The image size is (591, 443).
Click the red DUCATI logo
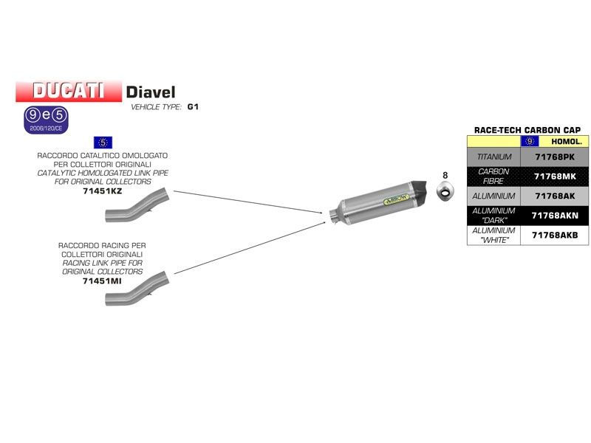point(68,91)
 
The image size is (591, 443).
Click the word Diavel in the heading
point(151,92)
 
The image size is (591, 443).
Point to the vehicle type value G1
point(193,107)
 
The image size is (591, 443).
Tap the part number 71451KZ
point(103,190)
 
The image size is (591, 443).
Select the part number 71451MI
point(103,281)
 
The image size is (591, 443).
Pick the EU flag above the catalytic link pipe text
point(103,142)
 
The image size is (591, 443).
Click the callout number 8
point(445,175)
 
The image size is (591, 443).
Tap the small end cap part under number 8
point(445,193)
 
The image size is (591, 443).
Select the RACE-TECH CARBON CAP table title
point(527,130)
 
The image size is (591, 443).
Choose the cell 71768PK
point(555,157)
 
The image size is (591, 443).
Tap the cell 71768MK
point(555,176)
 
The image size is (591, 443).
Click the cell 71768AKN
point(555,216)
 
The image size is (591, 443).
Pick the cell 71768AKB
point(555,236)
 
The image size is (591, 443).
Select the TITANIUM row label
point(494,157)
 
